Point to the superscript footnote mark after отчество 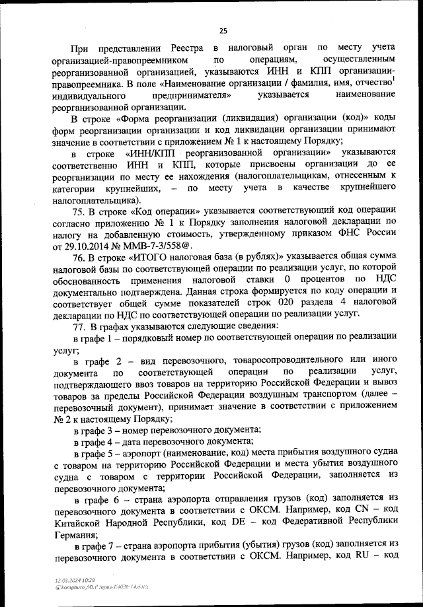tap(394, 80)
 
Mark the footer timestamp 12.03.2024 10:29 tap(75, 579)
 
